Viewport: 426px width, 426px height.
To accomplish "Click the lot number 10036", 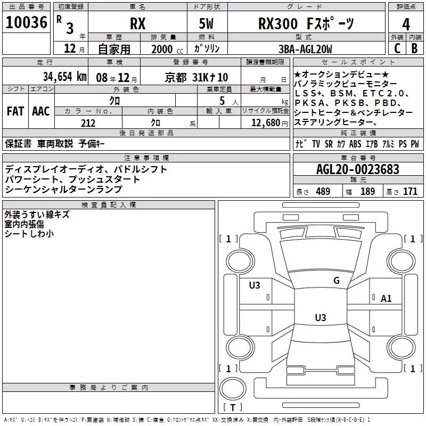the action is pos(26,22).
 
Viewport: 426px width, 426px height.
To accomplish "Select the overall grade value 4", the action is pos(406,24).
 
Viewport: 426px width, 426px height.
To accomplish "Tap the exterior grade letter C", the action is pos(397,48).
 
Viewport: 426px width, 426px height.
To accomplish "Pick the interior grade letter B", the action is pos(414,48).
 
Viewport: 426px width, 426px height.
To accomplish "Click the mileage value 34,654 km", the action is pos(65,77).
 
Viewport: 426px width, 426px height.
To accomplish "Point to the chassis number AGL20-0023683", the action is pos(358,169).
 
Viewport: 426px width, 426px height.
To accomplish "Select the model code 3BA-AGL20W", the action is pos(305,49).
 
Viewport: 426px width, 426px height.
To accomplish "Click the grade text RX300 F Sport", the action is pos(306,23).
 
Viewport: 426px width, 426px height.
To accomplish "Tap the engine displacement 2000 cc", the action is pos(167,49).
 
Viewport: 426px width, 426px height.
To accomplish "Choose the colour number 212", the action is pos(88,123).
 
